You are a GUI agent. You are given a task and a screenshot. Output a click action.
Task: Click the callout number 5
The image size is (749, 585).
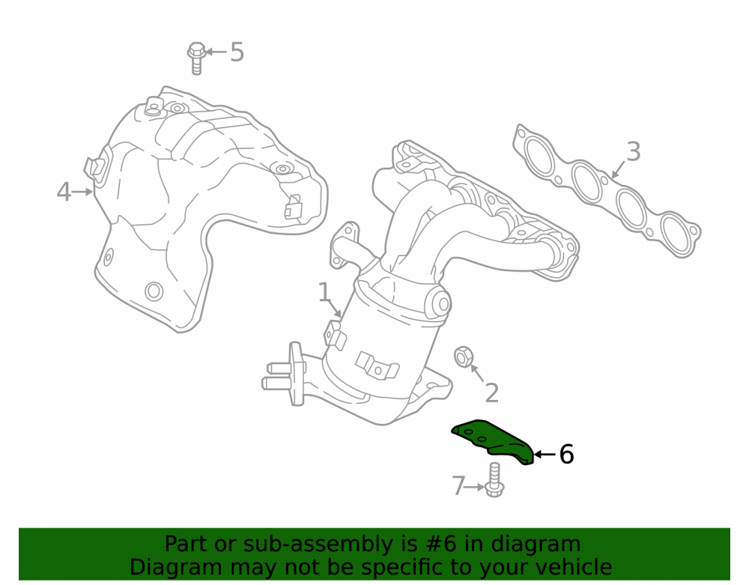pos(237,52)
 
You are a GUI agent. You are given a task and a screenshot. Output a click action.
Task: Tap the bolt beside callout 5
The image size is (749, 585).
pos(196,58)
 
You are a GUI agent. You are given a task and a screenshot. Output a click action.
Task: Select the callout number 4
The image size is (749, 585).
pos(64,192)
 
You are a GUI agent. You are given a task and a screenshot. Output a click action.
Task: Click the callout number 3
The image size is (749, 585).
pos(633,152)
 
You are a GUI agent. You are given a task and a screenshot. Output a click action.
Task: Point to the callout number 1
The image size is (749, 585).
pos(324,292)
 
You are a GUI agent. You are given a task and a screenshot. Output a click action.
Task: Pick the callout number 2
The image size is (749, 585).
pos(491,393)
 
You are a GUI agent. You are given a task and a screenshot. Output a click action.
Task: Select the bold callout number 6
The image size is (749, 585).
pos(566,454)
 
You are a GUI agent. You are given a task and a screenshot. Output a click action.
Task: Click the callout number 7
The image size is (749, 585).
pos(458,486)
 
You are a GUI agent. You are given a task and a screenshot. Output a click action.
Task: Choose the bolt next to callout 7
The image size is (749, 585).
pos(494,479)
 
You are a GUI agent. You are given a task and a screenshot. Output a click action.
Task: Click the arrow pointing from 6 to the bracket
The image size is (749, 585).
pos(545,454)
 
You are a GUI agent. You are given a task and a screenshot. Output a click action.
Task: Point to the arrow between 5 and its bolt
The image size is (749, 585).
pos(216,52)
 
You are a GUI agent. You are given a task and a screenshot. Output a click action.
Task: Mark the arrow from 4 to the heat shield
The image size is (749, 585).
pos(82,192)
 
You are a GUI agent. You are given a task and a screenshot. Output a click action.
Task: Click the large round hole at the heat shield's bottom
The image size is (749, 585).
pos(154,291)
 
